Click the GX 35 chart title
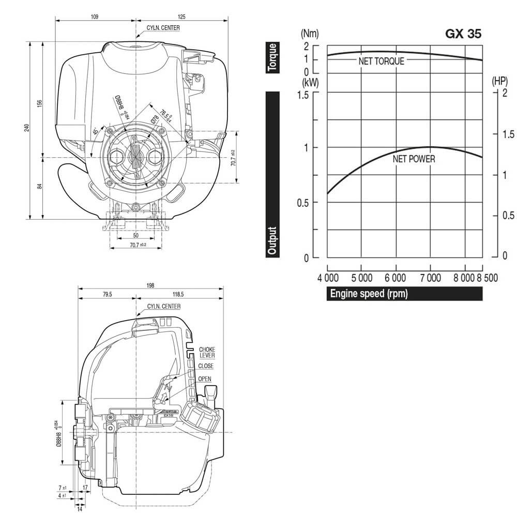463,34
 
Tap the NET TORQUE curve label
381,61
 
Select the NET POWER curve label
414,159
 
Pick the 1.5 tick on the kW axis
302,94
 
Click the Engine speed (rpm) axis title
369,294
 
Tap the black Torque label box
272,57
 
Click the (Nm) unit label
310,34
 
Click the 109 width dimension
95,17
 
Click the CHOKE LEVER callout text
207,352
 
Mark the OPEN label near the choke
205,378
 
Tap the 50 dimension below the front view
135,235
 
